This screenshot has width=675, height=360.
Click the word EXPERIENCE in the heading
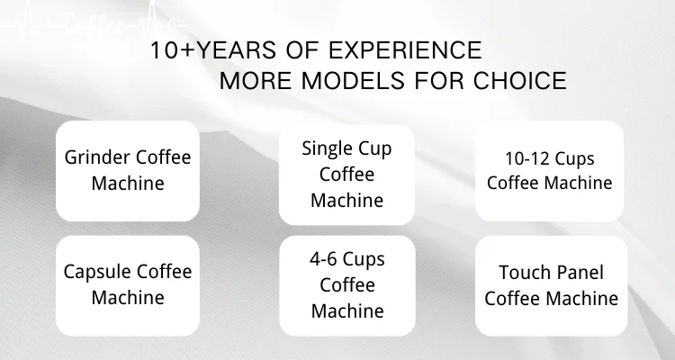coord(405,50)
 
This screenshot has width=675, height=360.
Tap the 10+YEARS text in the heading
coord(213,50)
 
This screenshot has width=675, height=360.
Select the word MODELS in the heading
coord(353,80)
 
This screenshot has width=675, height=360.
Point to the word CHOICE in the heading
coord(520,80)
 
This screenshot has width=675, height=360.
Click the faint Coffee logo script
coord(95,23)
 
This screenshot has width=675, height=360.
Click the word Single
coord(322,149)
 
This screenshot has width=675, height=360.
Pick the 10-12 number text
coord(526,158)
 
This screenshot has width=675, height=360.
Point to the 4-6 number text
coord(324,259)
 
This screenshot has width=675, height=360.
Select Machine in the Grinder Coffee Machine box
coord(128,184)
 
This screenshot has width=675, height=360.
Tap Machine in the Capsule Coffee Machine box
coord(128,298)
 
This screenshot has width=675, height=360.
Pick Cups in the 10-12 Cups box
coord(574,160)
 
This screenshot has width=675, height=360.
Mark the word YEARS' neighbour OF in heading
coord(302,50)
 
